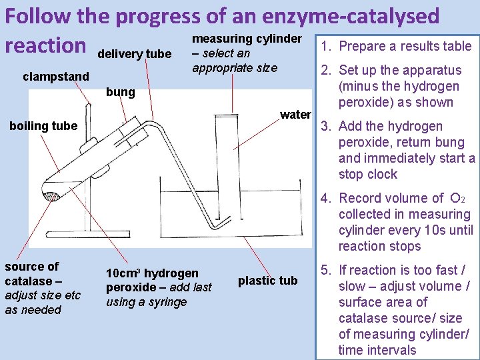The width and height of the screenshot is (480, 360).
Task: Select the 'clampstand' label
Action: point(55,77)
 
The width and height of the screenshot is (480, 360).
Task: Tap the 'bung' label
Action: point(121,91)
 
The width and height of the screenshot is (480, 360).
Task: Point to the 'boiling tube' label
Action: point(43,126)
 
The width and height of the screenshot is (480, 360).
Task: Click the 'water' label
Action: point(295,115)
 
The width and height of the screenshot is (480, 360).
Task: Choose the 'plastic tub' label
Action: point(267,281)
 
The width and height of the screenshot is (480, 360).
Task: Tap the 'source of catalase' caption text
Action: point(32,273)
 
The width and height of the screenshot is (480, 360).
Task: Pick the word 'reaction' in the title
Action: point(46,45)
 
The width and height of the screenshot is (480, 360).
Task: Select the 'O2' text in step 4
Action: point(458,199)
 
